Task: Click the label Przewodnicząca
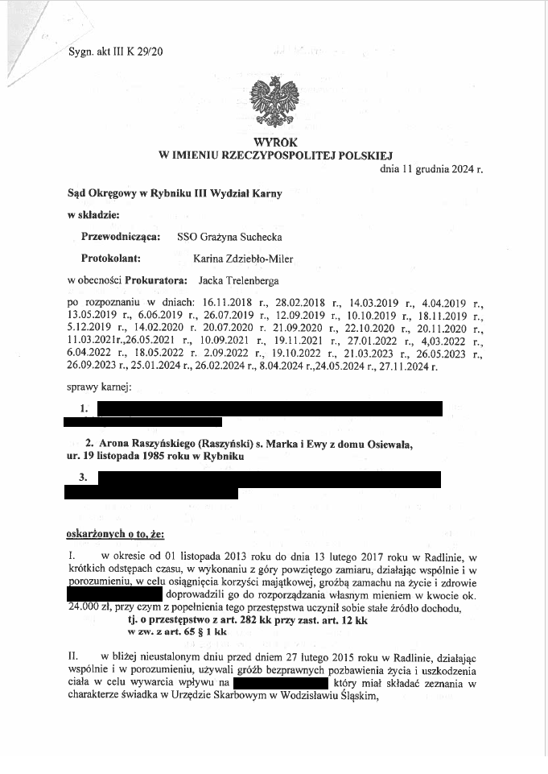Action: point(121,238)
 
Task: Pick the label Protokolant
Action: point(112,259)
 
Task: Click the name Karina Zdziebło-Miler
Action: point(243,259)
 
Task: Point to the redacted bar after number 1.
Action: point(269,408)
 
